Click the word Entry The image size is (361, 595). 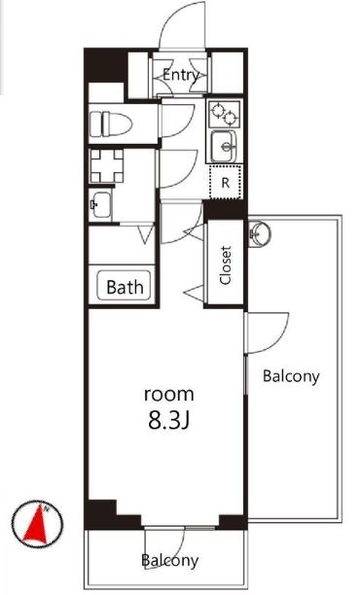[x=181, y=75]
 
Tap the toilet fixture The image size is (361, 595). [x=111, y=123]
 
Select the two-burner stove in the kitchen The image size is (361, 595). [x=225, y=114]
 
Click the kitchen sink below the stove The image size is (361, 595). [x=224, y=147]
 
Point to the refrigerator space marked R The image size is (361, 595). [x=226, y=183]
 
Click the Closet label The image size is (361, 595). [x=226, y=265]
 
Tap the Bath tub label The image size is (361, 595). [x=125, y=287]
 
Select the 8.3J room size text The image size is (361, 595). [x=168, y=420]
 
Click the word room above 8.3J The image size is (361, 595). [x=169, y=395]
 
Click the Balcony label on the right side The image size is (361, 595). [x=291, y=376]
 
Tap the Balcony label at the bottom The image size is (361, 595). [x=169, y=560]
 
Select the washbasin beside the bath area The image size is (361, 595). [x=100, y=204]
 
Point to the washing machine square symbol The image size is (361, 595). [x=107, y=166]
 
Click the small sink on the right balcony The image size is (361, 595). [x=259, y=233]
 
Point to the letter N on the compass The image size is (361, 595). [x=47, y=509]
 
